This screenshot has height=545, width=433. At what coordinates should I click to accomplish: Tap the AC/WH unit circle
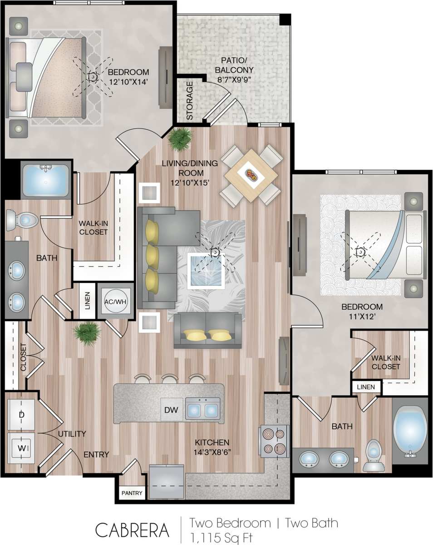tap(114, 301)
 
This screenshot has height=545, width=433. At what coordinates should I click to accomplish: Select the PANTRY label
tap(132, 493)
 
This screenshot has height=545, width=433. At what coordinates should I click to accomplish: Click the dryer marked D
tap(21, 415)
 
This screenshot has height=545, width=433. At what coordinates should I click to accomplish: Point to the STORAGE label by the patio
tap(189, 100)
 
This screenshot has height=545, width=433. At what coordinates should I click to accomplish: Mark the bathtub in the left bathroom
tap(45, 181)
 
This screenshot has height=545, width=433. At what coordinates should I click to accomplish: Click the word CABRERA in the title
tap(132, 530)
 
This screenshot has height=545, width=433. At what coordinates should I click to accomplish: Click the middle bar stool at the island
tap(170, 379)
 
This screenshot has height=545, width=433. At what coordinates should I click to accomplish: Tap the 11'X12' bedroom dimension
tap(362, 317)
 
